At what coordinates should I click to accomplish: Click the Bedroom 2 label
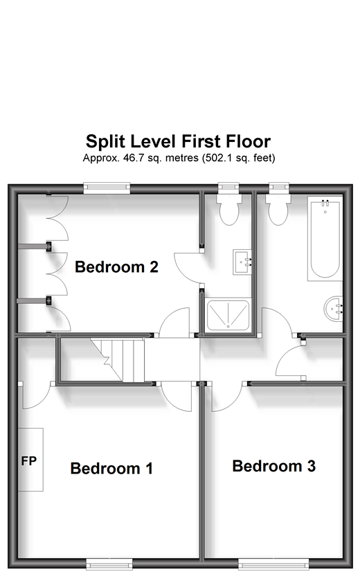pyautogui.click(x=117, y=267)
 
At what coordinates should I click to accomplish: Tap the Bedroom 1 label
pyautogui.click(x=111, y=469)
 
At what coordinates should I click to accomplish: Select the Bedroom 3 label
pyautogui.click(x=273, y=466)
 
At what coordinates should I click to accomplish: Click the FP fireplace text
pyautogui.click(x=28, y=460)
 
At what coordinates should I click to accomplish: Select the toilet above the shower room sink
pyautogui.click(x=228, y=208)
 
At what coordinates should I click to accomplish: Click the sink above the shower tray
pyautogui.click(x=242, y=262)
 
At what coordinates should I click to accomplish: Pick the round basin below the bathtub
pyautogui.click(x=333, y=307)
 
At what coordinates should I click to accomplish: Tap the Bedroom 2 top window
pyautogui.click(x=107, y=186)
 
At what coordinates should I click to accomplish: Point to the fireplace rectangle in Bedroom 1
pyautogui.click(x=31, y=460)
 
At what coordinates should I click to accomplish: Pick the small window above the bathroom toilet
pyautogui.click(x=278, y=186)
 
